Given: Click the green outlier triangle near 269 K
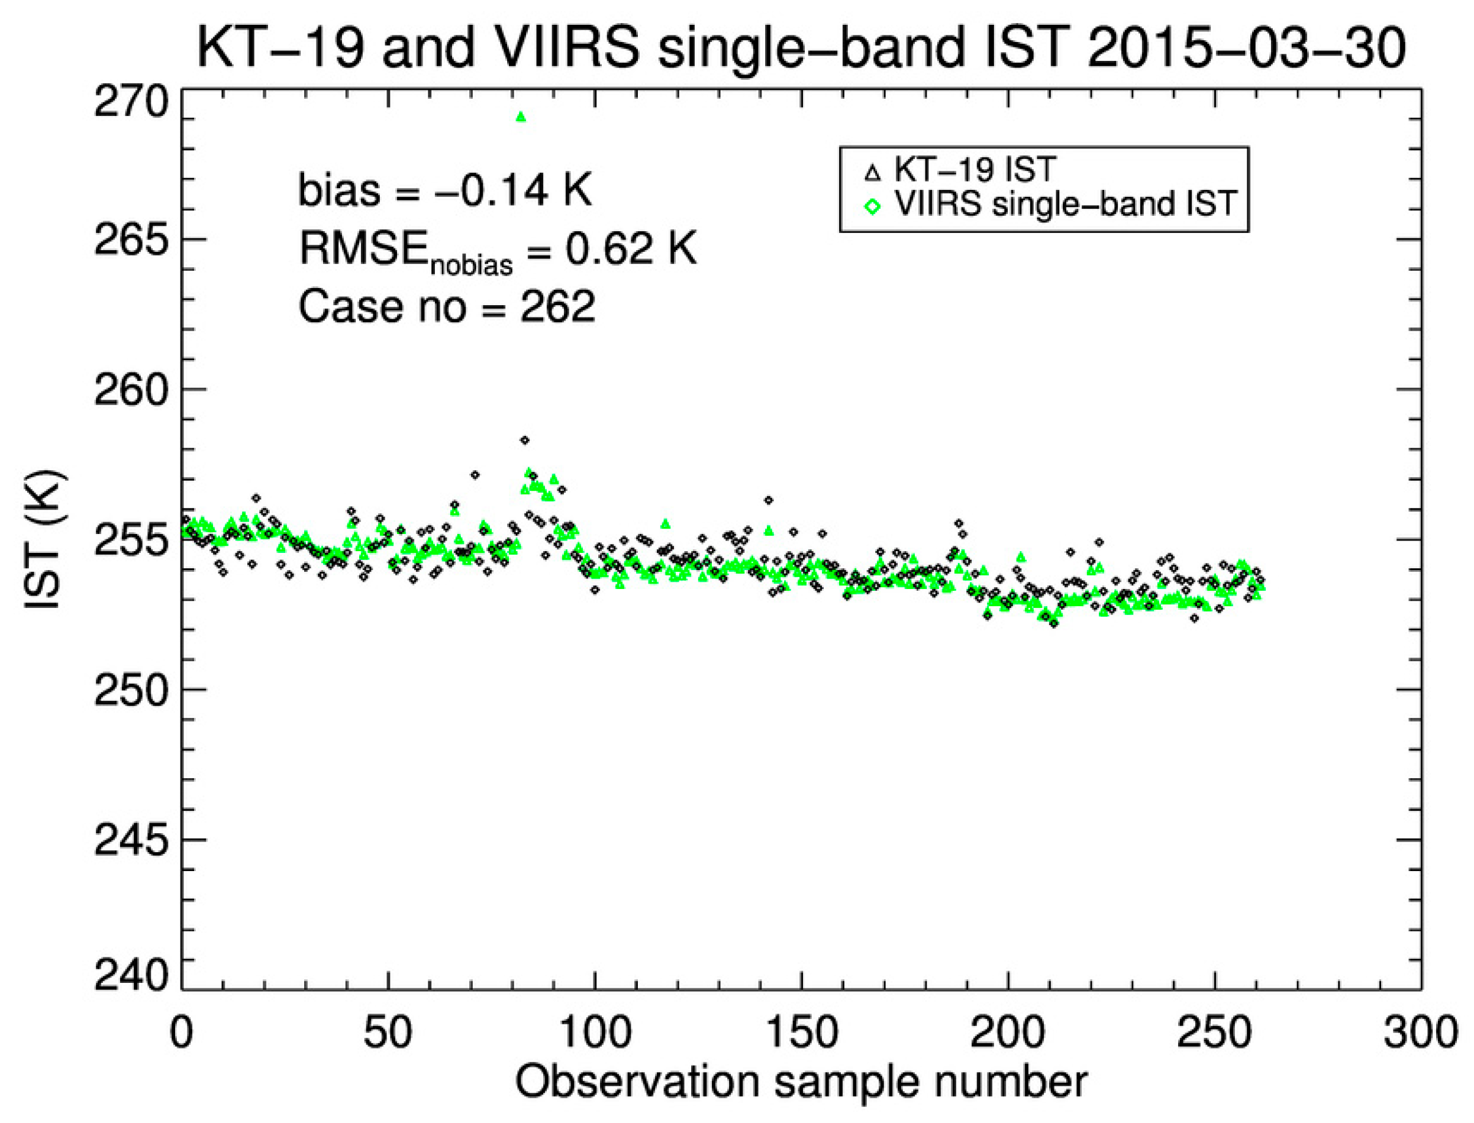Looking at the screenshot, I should coord(521,118).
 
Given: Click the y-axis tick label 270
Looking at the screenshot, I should coord(129,103).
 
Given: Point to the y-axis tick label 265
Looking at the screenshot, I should coord(129,241).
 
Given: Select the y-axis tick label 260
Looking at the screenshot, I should coord(129,391).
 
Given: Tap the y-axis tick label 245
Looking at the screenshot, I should coord(129,841).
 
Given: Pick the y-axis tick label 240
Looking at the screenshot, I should coord(129,976).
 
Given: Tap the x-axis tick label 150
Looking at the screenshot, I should coord(801,1033).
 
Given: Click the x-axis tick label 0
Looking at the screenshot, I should coord(181,1033).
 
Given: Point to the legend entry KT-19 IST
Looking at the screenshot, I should coord(975,170).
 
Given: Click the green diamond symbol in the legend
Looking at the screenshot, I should coord(872,206).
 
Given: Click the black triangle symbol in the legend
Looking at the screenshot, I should coord(872,173).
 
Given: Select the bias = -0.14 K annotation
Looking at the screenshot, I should coord(445,190).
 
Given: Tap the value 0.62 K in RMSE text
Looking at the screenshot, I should coord(631,250).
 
